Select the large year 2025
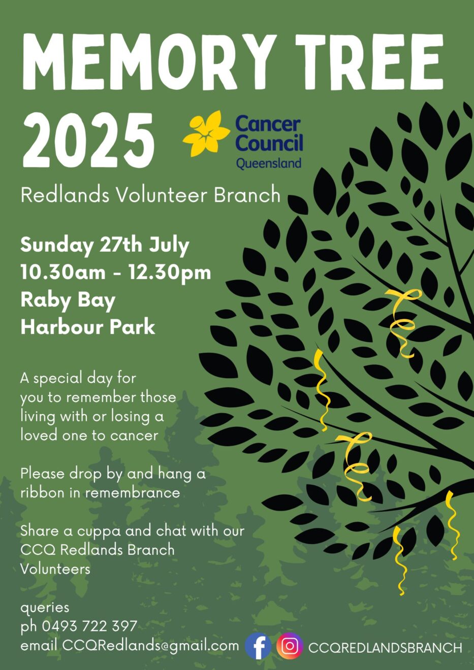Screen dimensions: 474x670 click(88, 140)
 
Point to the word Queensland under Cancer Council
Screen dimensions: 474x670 click(269, 164)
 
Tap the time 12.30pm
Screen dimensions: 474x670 click(170, 273)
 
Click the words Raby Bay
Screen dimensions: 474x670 click(68, 301)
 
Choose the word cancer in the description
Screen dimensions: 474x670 click(134, 436)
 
